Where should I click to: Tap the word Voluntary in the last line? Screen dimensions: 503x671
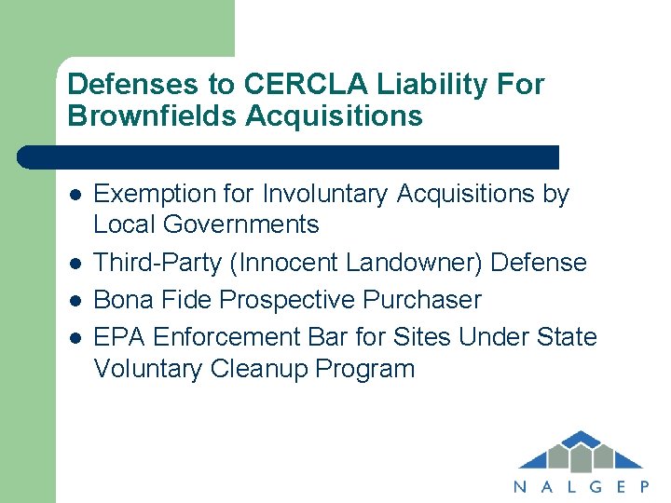click(x=148, y=368)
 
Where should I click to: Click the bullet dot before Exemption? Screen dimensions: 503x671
click(x=74, y=195)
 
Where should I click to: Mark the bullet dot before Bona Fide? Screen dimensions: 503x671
click(x=74, y=301)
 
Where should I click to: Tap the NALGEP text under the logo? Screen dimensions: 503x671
click(x=580, y=485)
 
